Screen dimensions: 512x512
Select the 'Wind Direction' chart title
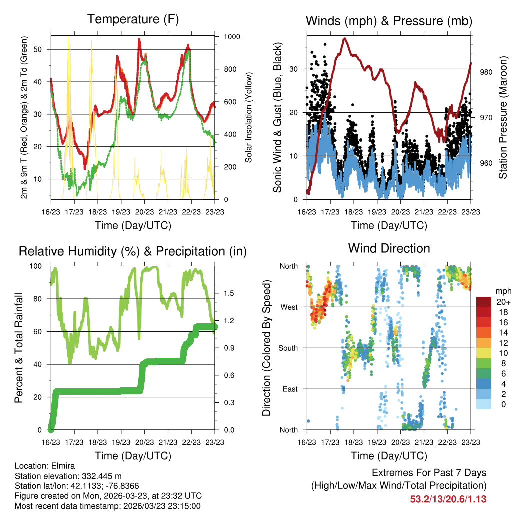tap(389, 248)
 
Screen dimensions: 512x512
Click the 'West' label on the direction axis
tap(288, 307)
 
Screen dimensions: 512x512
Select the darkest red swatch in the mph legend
tap(484, 302)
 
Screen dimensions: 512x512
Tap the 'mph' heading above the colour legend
tap(502, 291)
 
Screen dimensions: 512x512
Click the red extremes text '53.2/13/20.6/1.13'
tap(448, 499)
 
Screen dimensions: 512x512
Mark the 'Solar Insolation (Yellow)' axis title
tap(248, 118)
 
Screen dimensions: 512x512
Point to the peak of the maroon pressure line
tap(344, 38)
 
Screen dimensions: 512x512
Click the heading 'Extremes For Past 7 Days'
tap(429, 473)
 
